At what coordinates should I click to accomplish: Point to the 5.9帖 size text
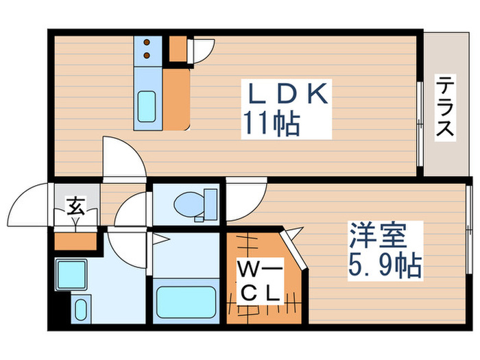384,265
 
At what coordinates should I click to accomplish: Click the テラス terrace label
445,108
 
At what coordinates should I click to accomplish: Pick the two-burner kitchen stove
147,49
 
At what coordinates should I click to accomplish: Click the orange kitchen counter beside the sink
175,96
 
